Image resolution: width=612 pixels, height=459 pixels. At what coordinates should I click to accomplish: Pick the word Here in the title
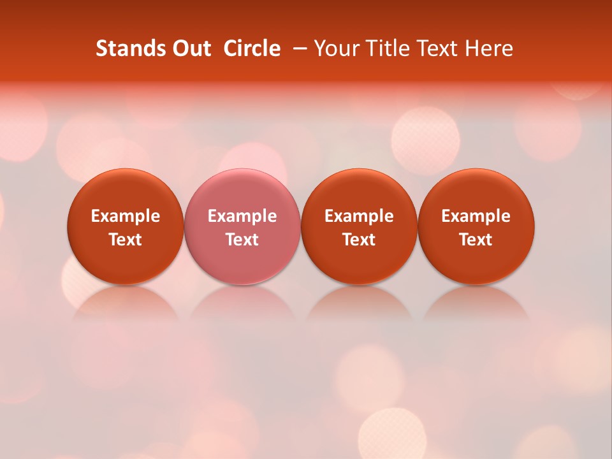point(489,48)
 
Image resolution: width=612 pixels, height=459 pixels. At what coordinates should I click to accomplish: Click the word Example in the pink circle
point(242,216)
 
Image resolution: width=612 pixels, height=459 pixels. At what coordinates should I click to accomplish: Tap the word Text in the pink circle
point(242,240)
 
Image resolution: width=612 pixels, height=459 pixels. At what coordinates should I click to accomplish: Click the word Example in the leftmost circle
point(125,216)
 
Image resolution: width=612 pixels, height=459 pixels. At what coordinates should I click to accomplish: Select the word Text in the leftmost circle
point(125,240)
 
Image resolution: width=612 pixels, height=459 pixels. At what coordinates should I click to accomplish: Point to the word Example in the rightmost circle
point(476,216)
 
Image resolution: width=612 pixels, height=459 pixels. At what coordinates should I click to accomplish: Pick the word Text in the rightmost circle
point(476,240)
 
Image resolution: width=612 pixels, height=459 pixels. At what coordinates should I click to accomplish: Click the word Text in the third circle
point(359,240)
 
